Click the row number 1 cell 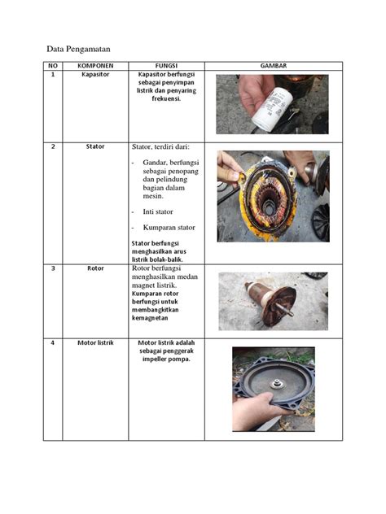(53, 75)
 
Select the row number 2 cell (53, 146)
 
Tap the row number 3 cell (53, 268)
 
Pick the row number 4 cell (53, 342)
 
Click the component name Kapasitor (95, 75)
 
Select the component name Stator (95, 146)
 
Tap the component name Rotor (95, 268)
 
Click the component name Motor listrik (95, 342)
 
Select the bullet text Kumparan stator (169, 227)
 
